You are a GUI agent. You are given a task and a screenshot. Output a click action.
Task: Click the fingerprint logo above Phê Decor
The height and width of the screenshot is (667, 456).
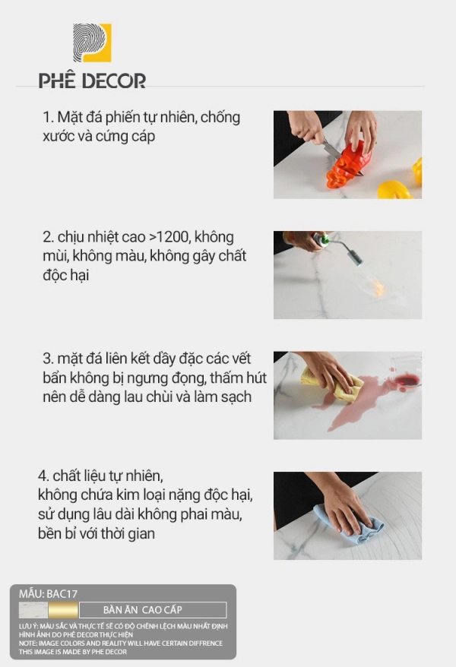click(92, 43)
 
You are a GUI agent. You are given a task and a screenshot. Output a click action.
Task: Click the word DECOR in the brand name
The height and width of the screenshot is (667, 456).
click(113, 81)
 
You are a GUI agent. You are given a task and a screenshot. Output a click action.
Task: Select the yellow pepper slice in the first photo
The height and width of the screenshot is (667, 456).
click(394, 190)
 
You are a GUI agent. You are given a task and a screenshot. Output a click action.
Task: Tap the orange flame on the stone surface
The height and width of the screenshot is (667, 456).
click(377, 289)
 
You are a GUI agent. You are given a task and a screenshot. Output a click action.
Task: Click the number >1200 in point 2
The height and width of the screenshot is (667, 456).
click(169, 237)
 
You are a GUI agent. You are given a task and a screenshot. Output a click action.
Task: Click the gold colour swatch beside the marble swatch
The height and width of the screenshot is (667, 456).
click(63, 610)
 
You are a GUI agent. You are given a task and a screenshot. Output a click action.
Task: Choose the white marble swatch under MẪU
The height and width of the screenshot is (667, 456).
click(33, 610)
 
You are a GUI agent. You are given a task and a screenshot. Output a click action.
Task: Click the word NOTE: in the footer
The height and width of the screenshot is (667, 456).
click(27, 643)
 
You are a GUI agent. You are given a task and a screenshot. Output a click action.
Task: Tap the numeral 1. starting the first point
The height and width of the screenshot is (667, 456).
click(48, 118)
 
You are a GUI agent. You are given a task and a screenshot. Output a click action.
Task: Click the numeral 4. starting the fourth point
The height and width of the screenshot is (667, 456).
click(43, 476)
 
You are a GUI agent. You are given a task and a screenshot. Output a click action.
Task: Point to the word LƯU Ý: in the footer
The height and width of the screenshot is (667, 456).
click(28, 626)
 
